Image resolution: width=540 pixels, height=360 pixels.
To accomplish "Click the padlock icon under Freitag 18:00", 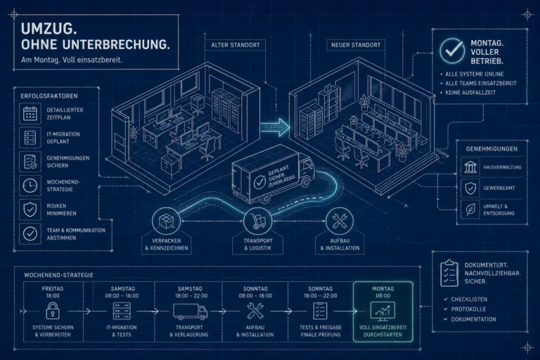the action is tap(53, 311).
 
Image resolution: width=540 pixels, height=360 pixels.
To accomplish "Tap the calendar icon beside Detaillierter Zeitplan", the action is tap(30, 114).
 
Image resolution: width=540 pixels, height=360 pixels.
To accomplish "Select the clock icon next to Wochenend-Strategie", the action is tap(30, 186).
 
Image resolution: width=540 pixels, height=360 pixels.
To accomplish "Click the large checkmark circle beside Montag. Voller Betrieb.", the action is tap(452, 51).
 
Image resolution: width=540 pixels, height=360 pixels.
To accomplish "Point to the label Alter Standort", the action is tap(236, 45).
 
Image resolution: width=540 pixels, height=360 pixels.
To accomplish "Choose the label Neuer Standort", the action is tap(356, 45).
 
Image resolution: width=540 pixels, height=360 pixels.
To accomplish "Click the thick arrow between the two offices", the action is tap(275, 127).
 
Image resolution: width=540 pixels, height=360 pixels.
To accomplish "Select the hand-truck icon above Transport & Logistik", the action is tap(257, 221).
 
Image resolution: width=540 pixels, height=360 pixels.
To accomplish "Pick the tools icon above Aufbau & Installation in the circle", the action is tap(340, 221).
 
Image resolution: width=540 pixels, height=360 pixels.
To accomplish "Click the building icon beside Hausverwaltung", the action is tap(470, 167).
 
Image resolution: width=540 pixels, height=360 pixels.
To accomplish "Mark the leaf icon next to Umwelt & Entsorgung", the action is tap(470, 210).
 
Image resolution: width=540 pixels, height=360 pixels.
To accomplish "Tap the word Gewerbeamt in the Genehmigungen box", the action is tap(499, 188).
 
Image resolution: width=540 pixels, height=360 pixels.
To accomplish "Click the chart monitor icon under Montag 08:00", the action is tap(382, 311).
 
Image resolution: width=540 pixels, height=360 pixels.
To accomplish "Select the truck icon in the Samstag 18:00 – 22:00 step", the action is tap(190, 311).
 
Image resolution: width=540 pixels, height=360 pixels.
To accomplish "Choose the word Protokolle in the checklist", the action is tap(468, 309).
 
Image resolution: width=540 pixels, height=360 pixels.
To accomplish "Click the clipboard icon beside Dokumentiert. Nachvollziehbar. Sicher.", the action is tap(449, 274).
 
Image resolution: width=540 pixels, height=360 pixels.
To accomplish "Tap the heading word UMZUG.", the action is tap(49, 29).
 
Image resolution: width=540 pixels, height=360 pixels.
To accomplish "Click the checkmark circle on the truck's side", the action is tap(259, 182).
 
